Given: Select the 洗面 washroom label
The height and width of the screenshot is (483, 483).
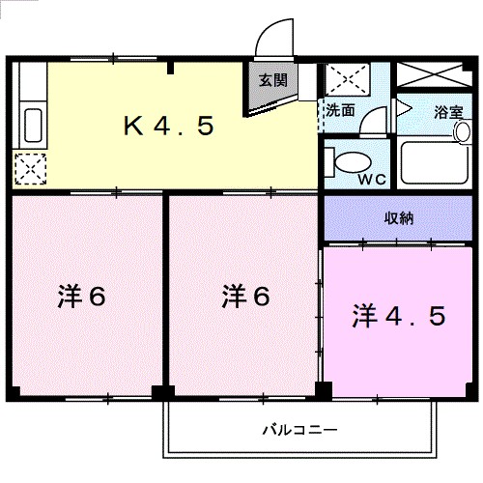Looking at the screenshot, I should click(340, 109).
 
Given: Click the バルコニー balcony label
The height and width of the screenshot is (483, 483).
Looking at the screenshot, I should click(300, 428).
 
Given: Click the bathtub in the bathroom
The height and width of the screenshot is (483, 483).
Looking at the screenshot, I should click(434, 164).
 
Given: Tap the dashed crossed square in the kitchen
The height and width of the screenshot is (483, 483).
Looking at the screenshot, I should click(30, 170).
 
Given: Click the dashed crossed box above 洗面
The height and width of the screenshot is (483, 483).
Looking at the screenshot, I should click(343, 78).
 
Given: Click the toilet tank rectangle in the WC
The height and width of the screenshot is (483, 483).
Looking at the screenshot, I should click(329, 162).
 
